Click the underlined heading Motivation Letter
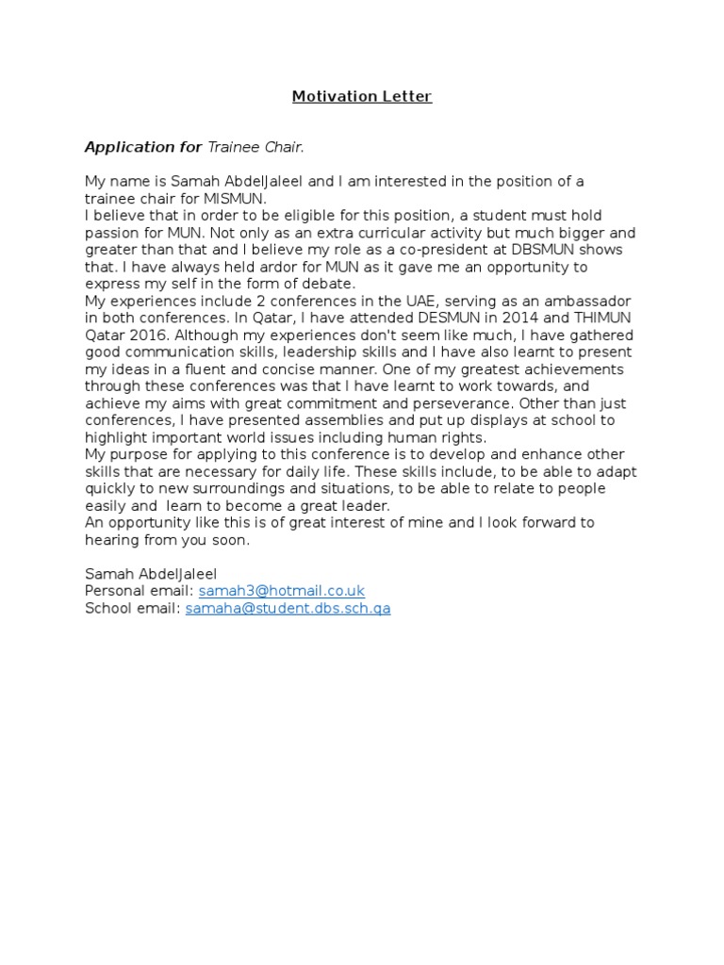click(x=361, y=96)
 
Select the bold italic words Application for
click(x=143, y=147)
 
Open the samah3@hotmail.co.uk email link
click(x=281, y=591)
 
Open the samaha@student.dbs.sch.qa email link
click(x=288, y=608)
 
